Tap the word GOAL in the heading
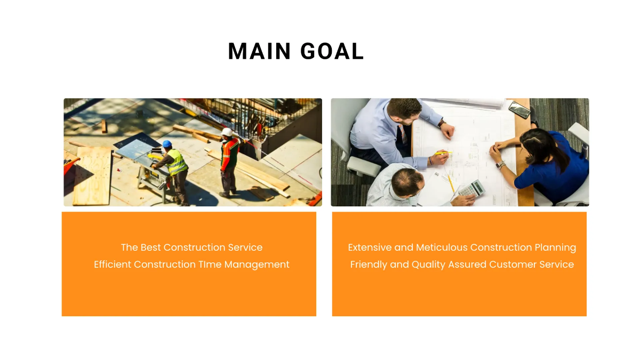pyautogui.click(x=332, y=51)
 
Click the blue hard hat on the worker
pyautogui.click(x=167, y=144)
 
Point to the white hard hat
pyautogui.click(x=227, y=132)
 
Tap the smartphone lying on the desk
pyautogui.click(x=518, y=109)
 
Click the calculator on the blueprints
pyautogui.click(x=471, y=188)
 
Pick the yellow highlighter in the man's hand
pyautogui.click(x=442, y=154)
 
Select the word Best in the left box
pyautogui.click(x=150, y=247)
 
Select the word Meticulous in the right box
pyautogui.click(x=442, y=247)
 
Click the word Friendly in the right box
pyautogui.click(x=369, y=265)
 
